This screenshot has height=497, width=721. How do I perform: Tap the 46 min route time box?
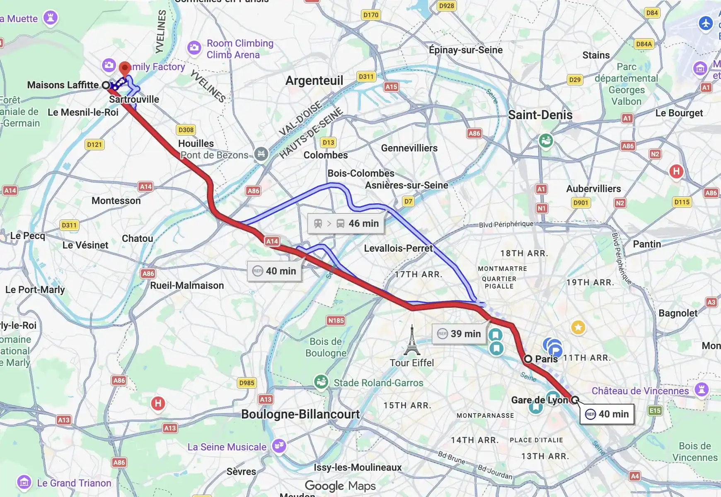point(346,224)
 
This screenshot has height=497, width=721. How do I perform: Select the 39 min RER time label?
point(459,334)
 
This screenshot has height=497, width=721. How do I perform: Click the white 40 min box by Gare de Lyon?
point(607,414)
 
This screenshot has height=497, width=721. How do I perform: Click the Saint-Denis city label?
point(540,115)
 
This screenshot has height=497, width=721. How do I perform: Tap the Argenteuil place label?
point(314,80)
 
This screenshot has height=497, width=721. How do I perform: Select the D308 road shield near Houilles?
point(186,130)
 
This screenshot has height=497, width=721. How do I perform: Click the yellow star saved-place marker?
point(578,328)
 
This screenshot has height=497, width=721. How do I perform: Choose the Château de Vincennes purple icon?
point(702,389)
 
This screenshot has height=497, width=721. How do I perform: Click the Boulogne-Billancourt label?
point(300,414)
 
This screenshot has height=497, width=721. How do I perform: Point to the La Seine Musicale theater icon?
point(279,446)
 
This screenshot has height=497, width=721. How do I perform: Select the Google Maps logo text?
point(340,486)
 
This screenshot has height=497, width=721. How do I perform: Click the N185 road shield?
point(336,321)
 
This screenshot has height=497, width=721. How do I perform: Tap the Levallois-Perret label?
point(398,248)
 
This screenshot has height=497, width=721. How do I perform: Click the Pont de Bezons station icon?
point(261,154)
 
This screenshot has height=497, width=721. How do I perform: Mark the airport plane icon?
point(706,23)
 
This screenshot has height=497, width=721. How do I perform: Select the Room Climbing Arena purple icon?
point(194,48)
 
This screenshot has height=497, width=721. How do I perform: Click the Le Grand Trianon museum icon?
point(24,483)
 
